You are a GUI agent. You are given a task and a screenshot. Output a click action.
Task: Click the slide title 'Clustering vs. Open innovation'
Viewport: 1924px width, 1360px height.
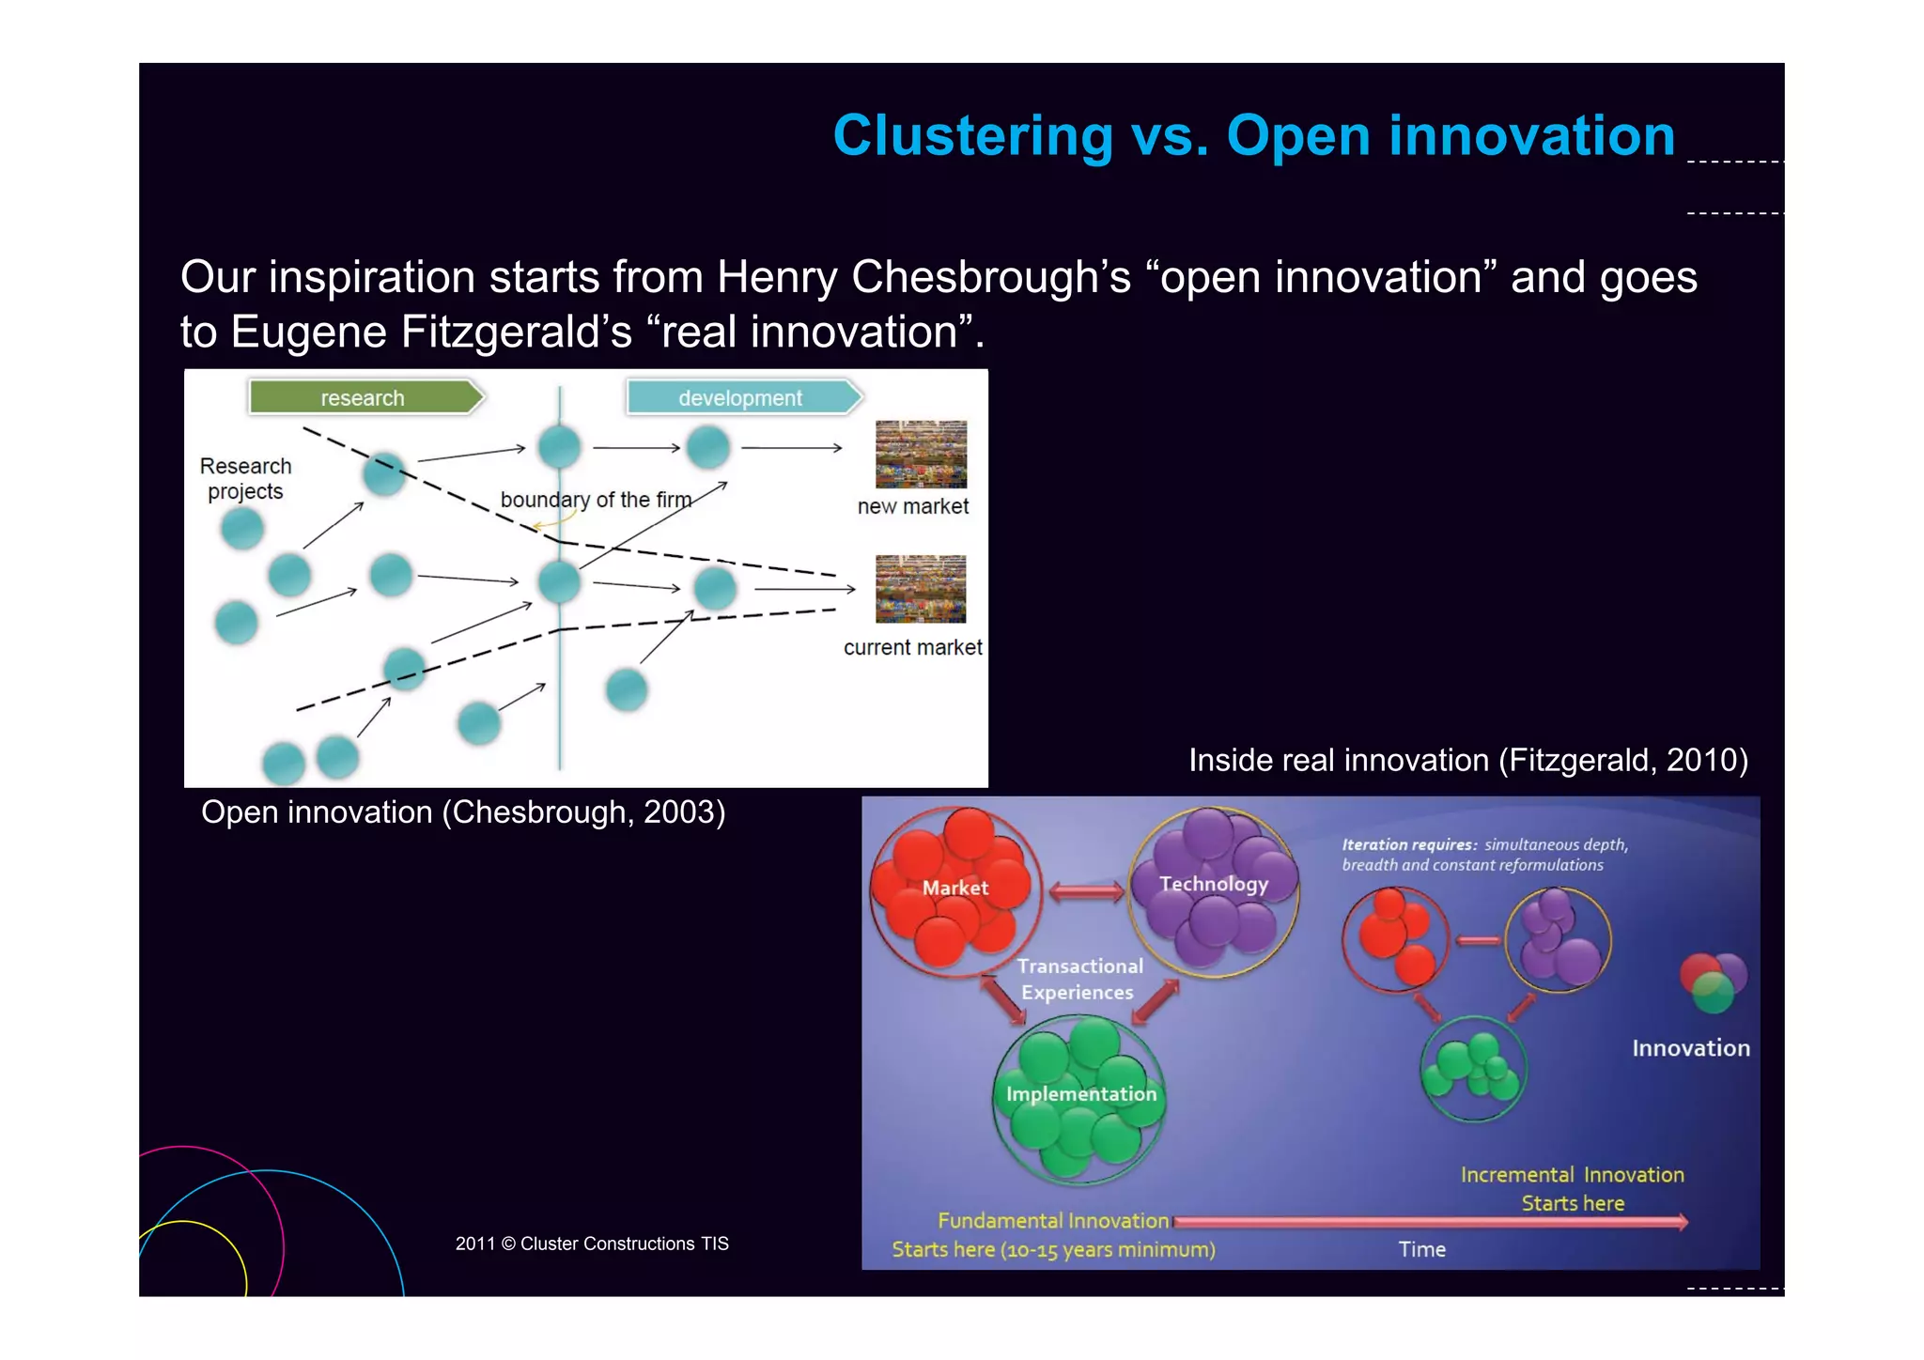(x=1253, y=135)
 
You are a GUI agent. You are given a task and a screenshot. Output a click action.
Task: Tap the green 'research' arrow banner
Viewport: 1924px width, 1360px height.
(x=365, y=397)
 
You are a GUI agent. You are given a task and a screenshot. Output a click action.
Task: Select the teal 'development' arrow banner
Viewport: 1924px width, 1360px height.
(x=742, y=397)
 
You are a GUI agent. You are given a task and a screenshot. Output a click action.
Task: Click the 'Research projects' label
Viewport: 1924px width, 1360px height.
(x=245, y=478)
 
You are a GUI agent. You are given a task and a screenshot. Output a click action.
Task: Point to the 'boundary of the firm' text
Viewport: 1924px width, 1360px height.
(x=596, y=500)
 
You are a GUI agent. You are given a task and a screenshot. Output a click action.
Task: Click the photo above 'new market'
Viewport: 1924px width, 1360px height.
(x=921, y=454)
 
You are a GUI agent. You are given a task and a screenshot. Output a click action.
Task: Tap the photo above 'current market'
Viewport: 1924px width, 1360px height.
(x=921, y=589)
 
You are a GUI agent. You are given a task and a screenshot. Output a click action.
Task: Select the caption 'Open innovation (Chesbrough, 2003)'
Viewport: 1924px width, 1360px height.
(x=463, y=811)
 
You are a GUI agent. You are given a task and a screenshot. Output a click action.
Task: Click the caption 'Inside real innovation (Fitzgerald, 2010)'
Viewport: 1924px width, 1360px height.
(x=1467, y=760)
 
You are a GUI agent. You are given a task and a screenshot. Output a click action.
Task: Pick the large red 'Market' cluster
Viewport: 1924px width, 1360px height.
(x=954, y=889)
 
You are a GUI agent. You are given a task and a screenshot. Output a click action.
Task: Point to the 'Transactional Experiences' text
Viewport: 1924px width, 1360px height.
(x=1078, y=979)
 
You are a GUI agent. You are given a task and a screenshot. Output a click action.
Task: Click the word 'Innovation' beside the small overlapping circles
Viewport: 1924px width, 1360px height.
(x=1690, y=1048)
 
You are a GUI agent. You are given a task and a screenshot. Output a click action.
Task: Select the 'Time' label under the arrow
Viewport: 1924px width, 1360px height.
(x=1421, y=1249)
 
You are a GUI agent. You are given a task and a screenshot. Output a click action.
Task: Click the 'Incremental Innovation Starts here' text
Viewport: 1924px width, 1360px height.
(x=1572, y=1188)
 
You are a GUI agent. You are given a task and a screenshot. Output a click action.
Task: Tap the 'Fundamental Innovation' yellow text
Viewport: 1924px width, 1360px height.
(x=1052, y=1221)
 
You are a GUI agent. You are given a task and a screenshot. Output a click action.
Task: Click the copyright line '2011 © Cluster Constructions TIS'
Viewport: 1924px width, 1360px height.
(x=592, y=1244)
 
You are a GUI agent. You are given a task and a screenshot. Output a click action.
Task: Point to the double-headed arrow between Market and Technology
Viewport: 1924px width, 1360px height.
(x=1085, y=890)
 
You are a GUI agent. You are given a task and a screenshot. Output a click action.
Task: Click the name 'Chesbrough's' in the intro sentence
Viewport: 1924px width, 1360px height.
(x=990, y=277)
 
